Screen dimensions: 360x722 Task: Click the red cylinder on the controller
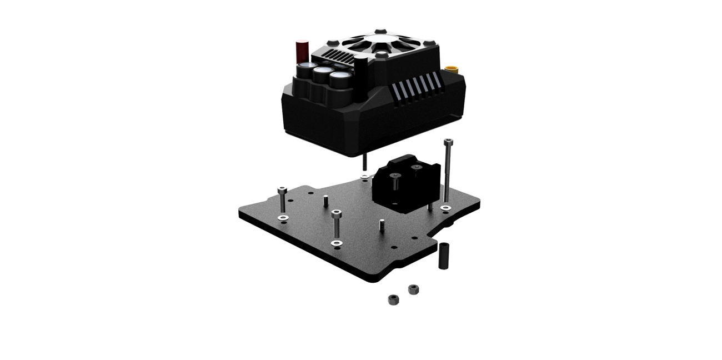pyautogui.click(x=302, y=52)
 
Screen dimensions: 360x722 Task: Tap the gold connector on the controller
pyautogui.click(x=454, y=71)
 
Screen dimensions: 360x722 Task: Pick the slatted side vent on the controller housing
pyautogui.click(x=415, y=87)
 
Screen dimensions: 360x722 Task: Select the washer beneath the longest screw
pyautogui.click(x=445, y=208)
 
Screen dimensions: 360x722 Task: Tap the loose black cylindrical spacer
pyautogui.click(x=443, y=256)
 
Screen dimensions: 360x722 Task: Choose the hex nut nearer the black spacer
pyautogui.click(x=413, y=289)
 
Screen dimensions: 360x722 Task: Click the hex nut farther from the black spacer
pyautogui.click(x=393, y=300)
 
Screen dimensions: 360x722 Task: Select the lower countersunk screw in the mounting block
pyautogui.click(x=395, y=177)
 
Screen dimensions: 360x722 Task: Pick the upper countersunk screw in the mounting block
pyautogui.click(x=416, y=166)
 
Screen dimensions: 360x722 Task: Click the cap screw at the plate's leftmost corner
pyautogui.click(x=282, y=192)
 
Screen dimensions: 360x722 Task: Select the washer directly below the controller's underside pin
pyautogui.click(x=364, y=177)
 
